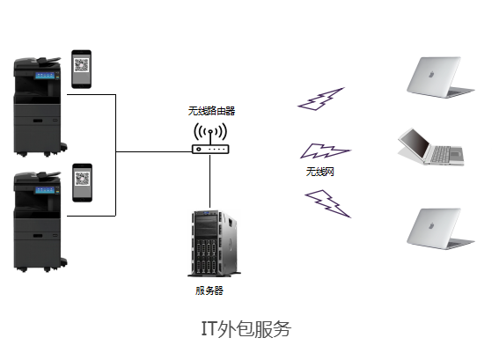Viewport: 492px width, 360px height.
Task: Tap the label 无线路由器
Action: click(211, 111)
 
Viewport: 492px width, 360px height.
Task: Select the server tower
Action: click(210, 243)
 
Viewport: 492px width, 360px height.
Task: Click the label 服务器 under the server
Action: click(209, 290)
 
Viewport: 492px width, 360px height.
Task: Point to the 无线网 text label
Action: click(319, 171)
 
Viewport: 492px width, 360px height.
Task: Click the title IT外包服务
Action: click(246, 329)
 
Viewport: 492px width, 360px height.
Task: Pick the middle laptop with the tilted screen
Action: click(431, 148)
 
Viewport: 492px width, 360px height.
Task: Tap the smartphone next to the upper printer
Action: click(83, 69)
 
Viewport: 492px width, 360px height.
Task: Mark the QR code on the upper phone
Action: click(83, 65)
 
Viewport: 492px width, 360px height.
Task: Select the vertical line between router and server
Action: click(209, 180)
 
